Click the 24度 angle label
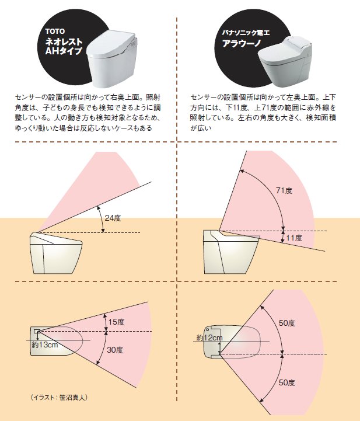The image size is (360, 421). pyautogui.click(x=113, y=218)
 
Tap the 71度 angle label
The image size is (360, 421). pyautogui.click(x=284, y=190)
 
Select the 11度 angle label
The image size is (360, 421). pyautogui.click(x=294, y=238)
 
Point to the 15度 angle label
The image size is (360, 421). pyautogui.click(x=116, y=322)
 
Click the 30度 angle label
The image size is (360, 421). pyautogui.click(x=115, y=350)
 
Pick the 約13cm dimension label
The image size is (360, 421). pyautogui.click(x=45, y=345)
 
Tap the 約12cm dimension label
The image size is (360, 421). pyautogui.click(x=209, y=338)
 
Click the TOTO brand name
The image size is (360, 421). pyautogui.click(x=55, y=32)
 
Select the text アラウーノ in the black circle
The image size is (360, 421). pyautogui.click(x=242, y=43)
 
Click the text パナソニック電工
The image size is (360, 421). pyautogui.click(x=246, y=33)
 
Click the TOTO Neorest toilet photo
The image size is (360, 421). pyautogui.click(x=112, y=58)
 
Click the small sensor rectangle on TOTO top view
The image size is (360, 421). pyautogui.click(x=37, y=331)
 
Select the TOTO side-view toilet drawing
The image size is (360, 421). pyautogui.click(x=56, y=253)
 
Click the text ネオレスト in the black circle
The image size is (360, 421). pyautogui.click(x=64, y=41)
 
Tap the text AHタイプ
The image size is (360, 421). pyautogui.click(x=64, y=51)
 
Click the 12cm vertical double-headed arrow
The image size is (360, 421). pyautogui.click(x=220, y=347)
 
